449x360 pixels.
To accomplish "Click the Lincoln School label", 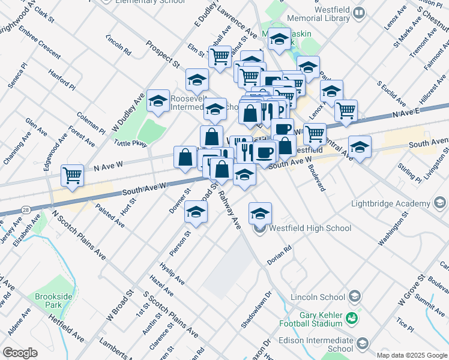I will pos(318,297).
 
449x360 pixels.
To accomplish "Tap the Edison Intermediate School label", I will pos(316,344).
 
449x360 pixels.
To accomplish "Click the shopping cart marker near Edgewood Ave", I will pos(72,175).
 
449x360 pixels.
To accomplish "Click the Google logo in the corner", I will pos(20,353).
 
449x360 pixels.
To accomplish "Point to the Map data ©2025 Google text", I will pos(412,355).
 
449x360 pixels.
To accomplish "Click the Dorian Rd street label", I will pos(279,248).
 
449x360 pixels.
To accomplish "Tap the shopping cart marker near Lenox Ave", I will pos(346,110).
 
